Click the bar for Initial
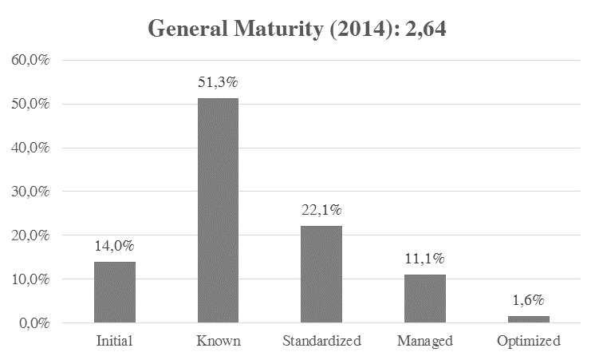click(115, 292)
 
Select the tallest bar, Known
click(218, 211)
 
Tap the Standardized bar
click(321, 275)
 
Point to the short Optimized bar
click(527, 319)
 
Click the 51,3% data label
click(219, 82)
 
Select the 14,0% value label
click(115, 246)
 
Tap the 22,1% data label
click(321, 210)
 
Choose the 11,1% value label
click(424, 259)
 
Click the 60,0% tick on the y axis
click(30, 60)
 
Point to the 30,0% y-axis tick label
click(30, 192)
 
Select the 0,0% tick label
click(32, 323)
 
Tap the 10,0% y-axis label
click(30, 279)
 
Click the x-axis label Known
click(218, 341)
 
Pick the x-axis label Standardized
click(321, 341)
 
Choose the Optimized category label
click(527, 341)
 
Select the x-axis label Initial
click(115, 341)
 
